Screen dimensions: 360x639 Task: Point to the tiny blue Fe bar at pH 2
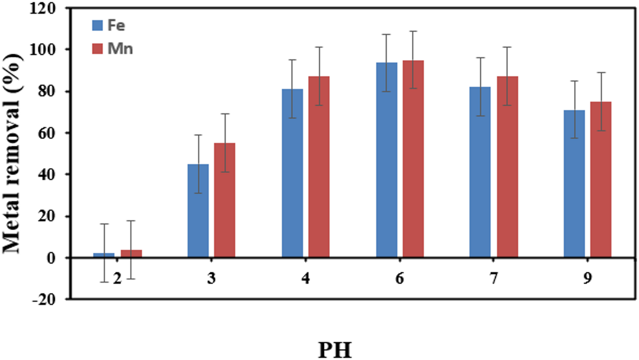coord(104,255)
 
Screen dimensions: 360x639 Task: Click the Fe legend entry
coord(109,25)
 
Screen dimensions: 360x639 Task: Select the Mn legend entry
coord(113,49)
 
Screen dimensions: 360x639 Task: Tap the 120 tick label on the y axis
coord(42,8)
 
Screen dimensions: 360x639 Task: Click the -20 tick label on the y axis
coord(43,299)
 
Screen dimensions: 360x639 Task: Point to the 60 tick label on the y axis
coord(47,133)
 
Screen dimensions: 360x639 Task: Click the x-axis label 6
coord(400,278)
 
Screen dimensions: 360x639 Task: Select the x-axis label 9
coord(587,278)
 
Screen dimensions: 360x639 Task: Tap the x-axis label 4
coord(306,278)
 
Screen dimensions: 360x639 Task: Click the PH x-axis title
coord(335,350)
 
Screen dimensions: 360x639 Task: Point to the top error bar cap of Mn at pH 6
coord(413,31)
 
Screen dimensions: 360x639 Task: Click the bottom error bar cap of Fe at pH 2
coord(104,282)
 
